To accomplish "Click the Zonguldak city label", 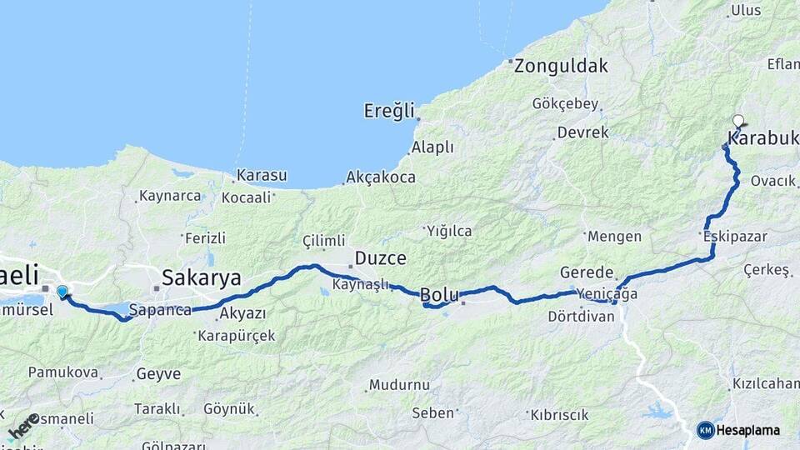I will (x=561, y=66).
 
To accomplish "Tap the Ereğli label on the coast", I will (x=389, y=110).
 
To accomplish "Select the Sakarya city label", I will (x=202, y=277).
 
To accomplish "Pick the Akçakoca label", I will (x=379, y=177).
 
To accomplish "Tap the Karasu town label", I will (x=262, y=176).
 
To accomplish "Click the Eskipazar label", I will (x=735, y=237).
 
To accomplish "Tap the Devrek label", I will (x=582, y=132).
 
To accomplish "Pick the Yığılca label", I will (x=449, y=231).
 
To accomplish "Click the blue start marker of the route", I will (x=62, y=291).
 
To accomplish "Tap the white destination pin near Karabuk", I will (x=737, y=121).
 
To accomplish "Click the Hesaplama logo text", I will (x=747, y=430).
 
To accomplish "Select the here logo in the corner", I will (x=23, y=425).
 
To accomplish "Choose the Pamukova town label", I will (x=63, y=372).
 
